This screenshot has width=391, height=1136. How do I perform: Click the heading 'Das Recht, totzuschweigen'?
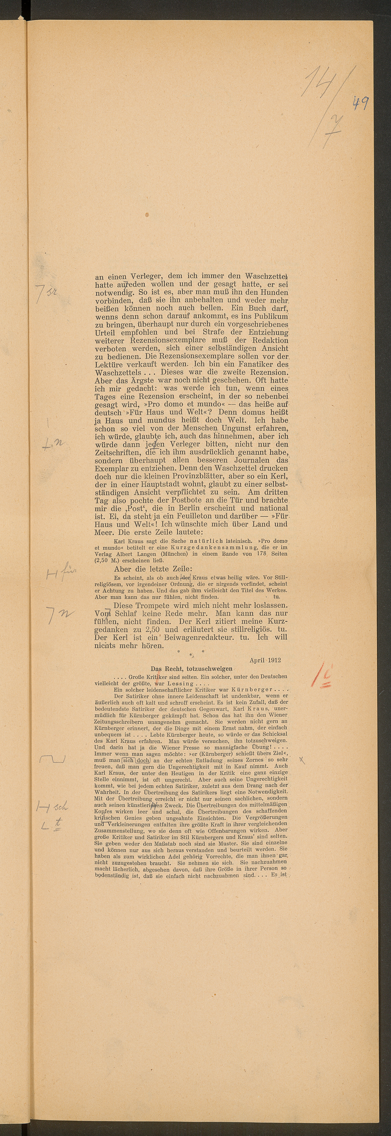tap(191, 669)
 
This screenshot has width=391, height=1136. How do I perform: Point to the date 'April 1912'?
tap(265, 660)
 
